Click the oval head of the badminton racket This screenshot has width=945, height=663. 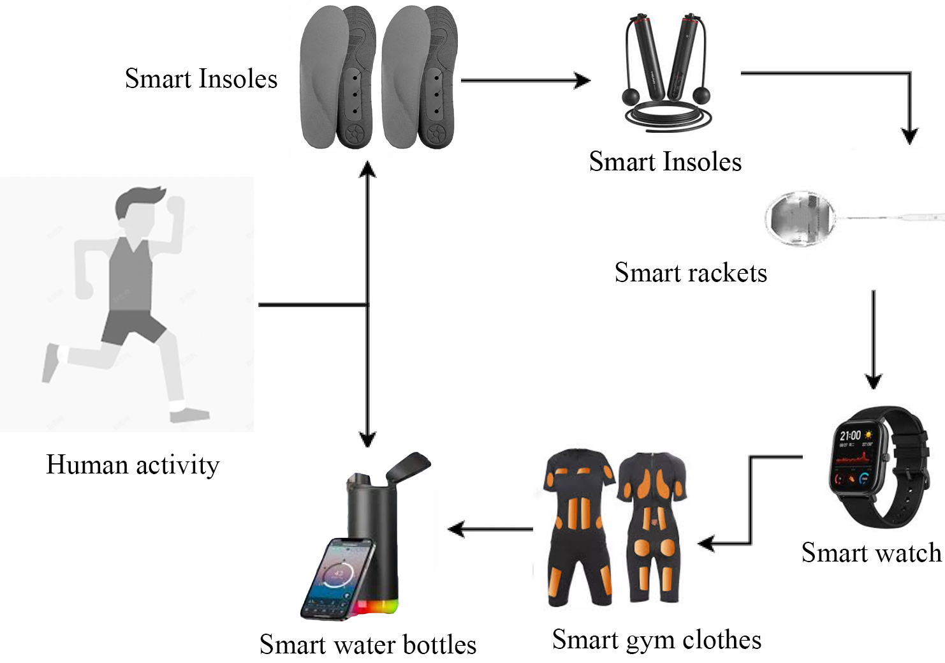click(801, 218)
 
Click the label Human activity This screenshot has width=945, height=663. click(133, 465)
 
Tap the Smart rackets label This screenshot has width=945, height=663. click(691, 273)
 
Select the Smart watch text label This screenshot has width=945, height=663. click(871, 553)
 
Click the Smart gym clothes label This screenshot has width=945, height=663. click(657, 639)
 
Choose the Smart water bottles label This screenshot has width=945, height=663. click(368, 644)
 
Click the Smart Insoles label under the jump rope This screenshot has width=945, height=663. click(665, 161)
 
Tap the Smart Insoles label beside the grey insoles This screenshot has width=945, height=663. click(201, 79)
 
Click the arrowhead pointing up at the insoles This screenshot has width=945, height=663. click(367, 168)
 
